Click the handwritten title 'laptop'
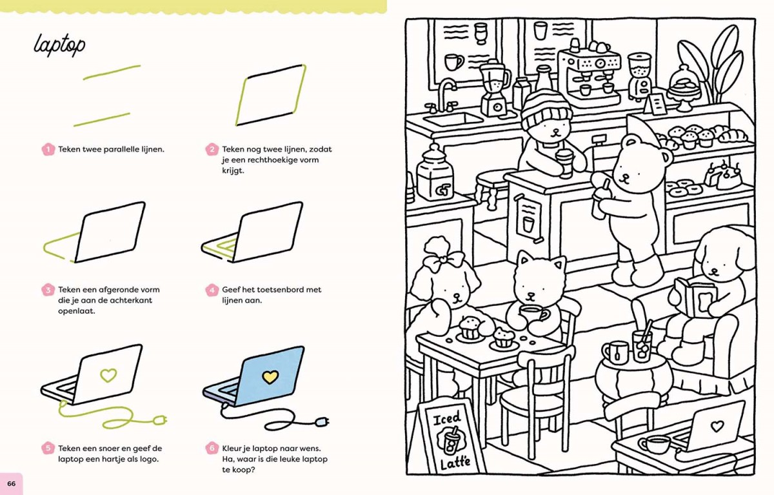click(x=59, y=45)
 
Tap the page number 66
click(x=12, y=483)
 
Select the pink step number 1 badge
click(x=48, y=149)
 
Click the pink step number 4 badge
click(x=212, y=290)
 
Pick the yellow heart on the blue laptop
click(x=270, y=377)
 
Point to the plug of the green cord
click(x=161, y=420)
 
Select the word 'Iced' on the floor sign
click(x=447, y=419)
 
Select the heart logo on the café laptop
click(x=717, y=427)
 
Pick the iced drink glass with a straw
click(x=642, y=345)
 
